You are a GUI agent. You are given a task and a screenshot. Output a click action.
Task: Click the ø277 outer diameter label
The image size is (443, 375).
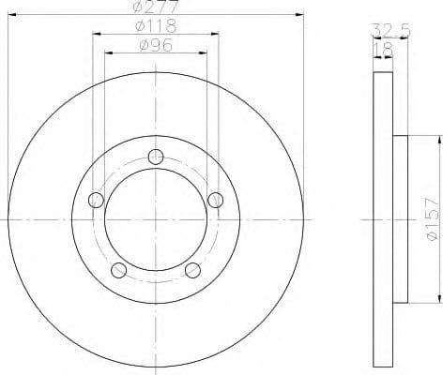click(155, 8)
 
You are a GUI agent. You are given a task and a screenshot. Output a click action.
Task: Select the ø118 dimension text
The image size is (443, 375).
click(155, 26)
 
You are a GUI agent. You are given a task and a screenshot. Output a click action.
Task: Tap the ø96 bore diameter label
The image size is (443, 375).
click(155, 44)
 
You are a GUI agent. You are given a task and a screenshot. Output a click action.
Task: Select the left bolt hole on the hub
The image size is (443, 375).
click(94, 199)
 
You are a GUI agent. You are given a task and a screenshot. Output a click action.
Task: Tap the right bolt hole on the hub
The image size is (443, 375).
click(217, 199)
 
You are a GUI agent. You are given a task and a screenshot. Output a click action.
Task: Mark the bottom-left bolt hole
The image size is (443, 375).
click(118, 271)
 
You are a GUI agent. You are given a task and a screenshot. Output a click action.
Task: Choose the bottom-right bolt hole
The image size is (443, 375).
click(193, 271)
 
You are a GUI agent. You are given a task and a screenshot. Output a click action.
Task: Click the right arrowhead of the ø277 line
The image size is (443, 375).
click(302, 15)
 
